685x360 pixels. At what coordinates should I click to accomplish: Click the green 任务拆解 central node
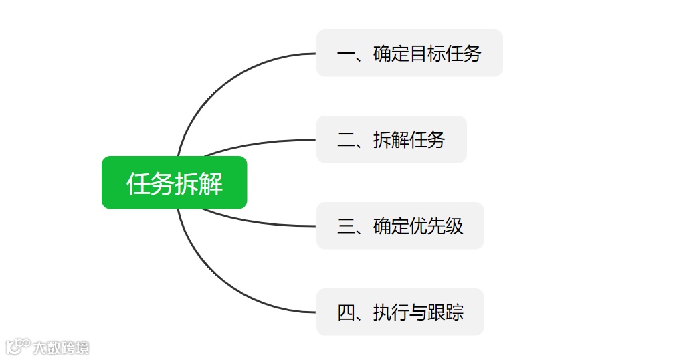tap(174, 183)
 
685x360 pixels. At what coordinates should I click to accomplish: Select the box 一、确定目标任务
tap(409, 53)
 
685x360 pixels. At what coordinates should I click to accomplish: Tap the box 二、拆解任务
tap(391, 139)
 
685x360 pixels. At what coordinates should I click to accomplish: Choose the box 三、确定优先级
tap(400, 226)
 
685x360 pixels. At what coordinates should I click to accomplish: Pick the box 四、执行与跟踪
tap(400, 312)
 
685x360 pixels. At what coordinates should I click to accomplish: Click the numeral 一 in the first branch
tap(346, 54)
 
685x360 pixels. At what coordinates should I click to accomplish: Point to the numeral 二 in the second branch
tap(346, 140)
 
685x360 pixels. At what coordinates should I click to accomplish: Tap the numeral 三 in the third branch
tap(346, 226)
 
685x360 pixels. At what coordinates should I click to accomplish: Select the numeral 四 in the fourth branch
tap(346, 312)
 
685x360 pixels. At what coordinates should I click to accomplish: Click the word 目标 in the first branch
tap(427, 54)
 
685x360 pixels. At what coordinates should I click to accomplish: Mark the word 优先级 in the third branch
tap(437, 226)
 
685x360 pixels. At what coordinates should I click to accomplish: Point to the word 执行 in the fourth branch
tap(391, 312)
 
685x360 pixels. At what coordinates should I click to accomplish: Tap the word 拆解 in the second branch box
tap(391, 140)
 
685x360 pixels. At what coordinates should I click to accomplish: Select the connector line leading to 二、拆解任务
tap(261, 143)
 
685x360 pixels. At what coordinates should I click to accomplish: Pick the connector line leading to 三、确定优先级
tap(261, 222)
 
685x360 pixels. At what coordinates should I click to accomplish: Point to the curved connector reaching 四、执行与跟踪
tap(221, 287)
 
